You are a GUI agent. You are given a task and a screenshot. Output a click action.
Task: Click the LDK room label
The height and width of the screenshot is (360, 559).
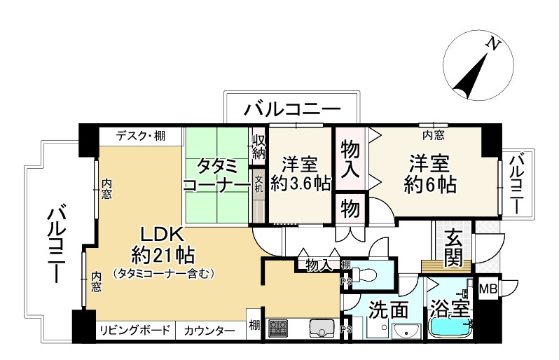click(163, 233)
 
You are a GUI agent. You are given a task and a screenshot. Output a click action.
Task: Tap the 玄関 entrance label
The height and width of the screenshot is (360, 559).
click(453, 248)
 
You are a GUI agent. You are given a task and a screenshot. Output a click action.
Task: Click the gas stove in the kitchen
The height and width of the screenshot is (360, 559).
click(278, 326)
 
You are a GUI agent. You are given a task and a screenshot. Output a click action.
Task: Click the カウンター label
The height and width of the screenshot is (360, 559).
click(205, 331)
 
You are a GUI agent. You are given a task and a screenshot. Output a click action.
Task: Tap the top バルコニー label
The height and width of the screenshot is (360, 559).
click(293, 109)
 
